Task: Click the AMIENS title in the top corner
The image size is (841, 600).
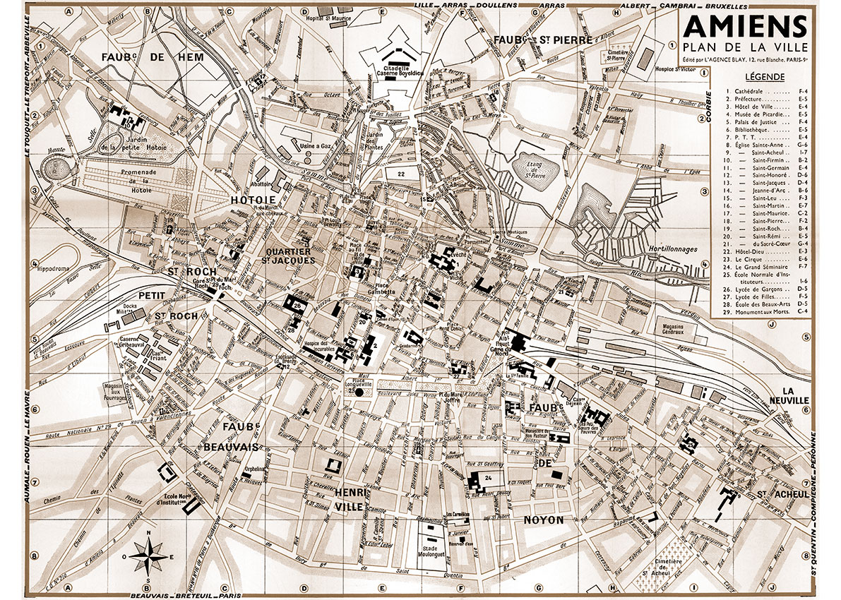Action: pos(744,27)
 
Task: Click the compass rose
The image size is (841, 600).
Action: pos(148,554)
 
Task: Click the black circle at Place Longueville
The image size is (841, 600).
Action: pos(359,392)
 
